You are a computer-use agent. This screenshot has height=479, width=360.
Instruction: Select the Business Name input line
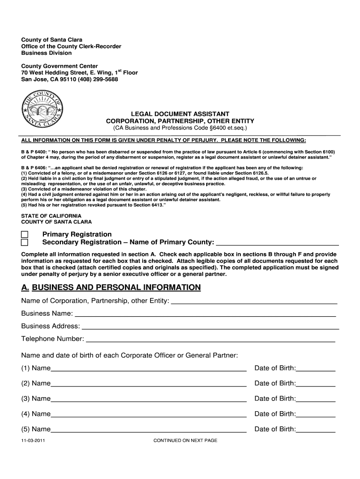pos(205,314)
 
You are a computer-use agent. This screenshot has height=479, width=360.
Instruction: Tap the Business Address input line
pos(209,327)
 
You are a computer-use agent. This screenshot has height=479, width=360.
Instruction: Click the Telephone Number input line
pos(210,340)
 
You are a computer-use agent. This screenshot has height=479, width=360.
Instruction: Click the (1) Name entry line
pos(149,369)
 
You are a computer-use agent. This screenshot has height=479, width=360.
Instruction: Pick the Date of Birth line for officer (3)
pos(316,399)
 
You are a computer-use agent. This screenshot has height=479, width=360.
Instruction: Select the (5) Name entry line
pos(149,430)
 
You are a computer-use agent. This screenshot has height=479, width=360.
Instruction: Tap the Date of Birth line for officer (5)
pos(316,430)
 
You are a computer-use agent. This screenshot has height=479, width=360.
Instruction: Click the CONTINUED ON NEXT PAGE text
pos(185,441)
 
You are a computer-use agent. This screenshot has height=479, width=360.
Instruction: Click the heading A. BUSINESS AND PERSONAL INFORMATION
pos(111,287)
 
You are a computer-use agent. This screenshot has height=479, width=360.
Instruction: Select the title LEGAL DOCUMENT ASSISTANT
pos(180,114)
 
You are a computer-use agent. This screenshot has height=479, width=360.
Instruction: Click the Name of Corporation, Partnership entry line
pos(254,301)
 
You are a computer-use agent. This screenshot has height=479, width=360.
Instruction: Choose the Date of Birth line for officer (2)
pos(316,384)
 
